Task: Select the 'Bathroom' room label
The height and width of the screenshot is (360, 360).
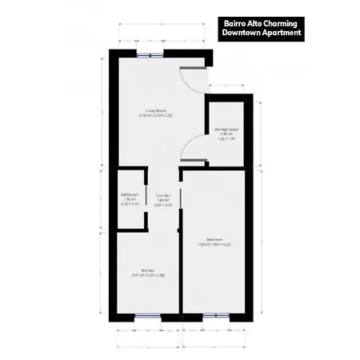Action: (x=130, y=194)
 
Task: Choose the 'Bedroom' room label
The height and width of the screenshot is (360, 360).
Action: (x=214, y=239)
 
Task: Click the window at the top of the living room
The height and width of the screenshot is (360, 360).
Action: (x=147, y=54)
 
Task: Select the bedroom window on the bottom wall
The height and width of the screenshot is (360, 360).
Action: (x=214, y=317)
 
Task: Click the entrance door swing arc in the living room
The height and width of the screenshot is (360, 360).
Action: (x=186, y=78)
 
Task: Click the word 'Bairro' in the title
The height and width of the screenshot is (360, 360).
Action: (x=237, y=22)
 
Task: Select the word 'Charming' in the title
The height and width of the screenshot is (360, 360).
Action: (x=282, y=22)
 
